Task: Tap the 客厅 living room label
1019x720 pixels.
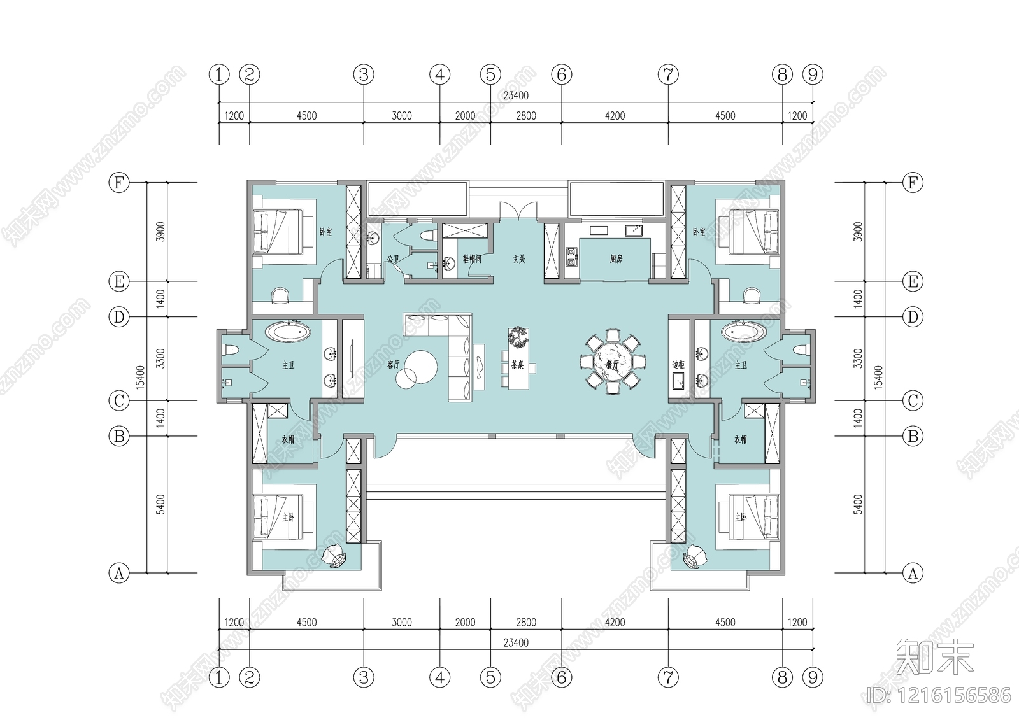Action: pyautogui.click(x=393, y=365)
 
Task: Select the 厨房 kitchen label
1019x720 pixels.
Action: pyautogui.click(x=616, y=259)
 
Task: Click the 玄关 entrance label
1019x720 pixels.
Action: pyautogui.click(x=519, y=259)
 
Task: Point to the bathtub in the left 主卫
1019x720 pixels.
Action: pyautogui.click(x=288, y=332)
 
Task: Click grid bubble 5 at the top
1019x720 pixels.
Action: pyautogui.click(x=490, y=74)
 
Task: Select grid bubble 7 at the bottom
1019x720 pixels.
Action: pyautogui.click(x=667, y=677)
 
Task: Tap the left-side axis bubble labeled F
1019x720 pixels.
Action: pyautogui.click(x=119, y=183)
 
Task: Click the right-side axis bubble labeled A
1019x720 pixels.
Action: pyautogui.click(x=913, y=573)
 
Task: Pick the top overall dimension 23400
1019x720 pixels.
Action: pyautogui.click(x=515, y=95)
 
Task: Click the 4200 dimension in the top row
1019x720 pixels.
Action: pyautogui.click(x=615, y=116)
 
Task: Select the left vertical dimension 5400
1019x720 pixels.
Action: pyautogui.click(x=160, y=504)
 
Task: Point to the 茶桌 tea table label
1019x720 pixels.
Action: pyautogui.click(x=517, y=365)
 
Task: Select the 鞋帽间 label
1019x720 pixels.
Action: pyautogui.click(x=472, y=259)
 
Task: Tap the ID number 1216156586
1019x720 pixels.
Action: pyautogui.click(x=939, y=695)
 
